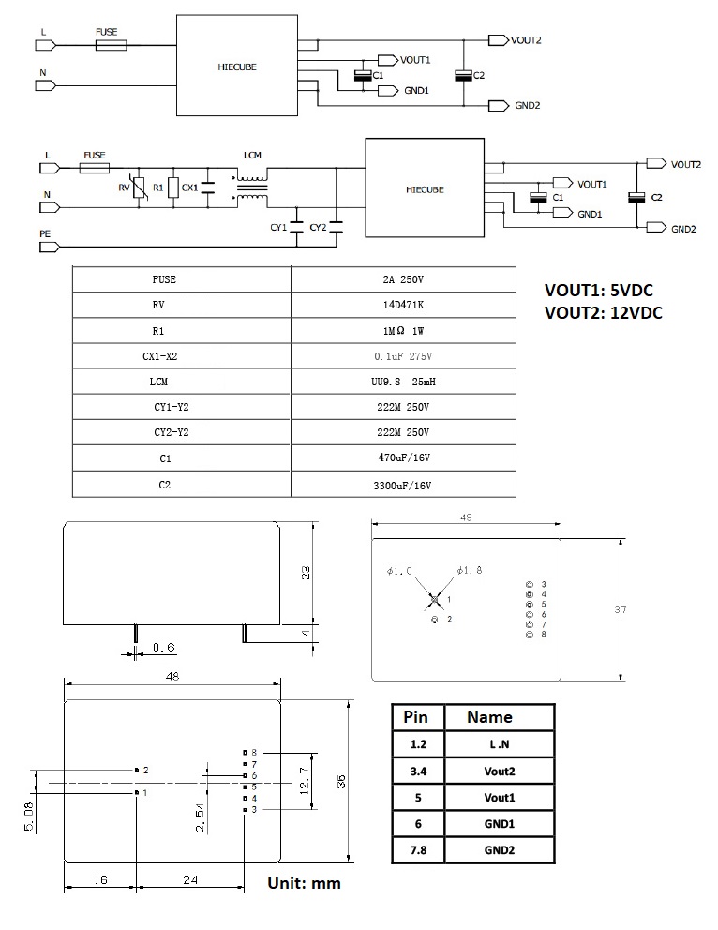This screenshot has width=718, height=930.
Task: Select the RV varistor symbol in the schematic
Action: (x=140, y=187)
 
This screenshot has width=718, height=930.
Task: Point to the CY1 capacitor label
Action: (x=278, y=227)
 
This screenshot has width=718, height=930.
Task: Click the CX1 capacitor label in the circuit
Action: (x=189, y=187)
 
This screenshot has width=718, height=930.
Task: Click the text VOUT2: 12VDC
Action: (x=603, y=313)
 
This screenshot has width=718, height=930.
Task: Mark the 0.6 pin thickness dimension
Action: (x=163, y=647)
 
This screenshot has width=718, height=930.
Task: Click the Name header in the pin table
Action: (x=489, y=717)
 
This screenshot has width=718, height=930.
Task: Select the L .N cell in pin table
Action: (x=499, y=744)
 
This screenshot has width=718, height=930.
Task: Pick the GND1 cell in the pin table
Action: (x=499, y=823)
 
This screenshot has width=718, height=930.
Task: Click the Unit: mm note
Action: (x=304, y=883)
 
